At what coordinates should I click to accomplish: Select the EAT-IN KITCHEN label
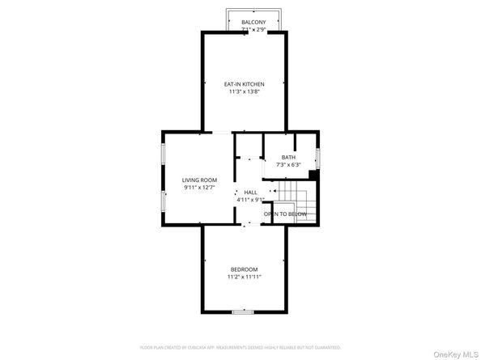click(244, 84)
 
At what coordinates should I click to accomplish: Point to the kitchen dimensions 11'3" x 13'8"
click(244, 92)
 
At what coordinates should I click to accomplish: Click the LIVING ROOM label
click(198, 180)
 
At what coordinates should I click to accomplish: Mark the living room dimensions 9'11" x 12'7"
click(198, 188)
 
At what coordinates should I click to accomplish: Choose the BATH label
click(288, 157)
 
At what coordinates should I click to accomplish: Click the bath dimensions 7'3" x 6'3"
click(288, 165)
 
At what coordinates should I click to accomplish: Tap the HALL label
click(251, 192)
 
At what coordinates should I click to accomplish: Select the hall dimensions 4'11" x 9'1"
click(251, 200)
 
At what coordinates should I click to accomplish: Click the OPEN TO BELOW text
click(284, 214)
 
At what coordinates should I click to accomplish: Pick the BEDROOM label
click(244, 269)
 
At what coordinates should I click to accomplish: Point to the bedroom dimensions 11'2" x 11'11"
click(244, 277)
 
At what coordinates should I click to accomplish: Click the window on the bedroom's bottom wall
click(243, 311)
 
